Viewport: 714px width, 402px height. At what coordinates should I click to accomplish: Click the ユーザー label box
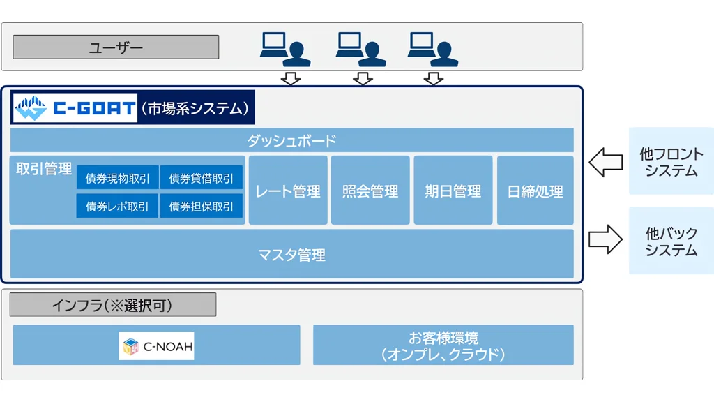(116, 47)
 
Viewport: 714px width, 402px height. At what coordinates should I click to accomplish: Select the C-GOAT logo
(75, 108)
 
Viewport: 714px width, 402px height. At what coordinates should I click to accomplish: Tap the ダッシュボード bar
(291, 140)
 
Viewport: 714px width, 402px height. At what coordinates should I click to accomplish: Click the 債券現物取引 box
(117, 178)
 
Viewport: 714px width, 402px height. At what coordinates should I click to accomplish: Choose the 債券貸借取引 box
(202, 178)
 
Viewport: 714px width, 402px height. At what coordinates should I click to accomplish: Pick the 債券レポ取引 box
(117, 206)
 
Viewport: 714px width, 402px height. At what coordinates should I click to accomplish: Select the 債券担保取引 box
(202, 206)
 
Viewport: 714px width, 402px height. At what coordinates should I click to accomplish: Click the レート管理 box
(288, 191)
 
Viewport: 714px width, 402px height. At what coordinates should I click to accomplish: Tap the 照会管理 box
(370, 191)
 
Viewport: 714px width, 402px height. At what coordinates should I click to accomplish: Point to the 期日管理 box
(453, 191)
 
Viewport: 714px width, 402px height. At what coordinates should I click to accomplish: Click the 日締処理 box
(535, 191)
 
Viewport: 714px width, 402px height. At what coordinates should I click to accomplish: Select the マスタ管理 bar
(291, 255)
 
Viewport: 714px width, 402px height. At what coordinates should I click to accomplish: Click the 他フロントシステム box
(671, 161)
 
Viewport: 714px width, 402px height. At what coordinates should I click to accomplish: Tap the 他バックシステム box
(671, 241)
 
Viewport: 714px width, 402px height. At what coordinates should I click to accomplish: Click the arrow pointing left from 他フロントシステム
(605, 163)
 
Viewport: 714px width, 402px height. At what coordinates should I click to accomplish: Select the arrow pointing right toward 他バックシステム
(605, 239)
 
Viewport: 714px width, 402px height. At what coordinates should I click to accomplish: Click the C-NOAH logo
(156, 345)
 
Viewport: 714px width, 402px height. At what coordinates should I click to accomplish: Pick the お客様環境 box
(443, 345)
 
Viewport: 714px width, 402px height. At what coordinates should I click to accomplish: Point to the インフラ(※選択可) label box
(112, 305)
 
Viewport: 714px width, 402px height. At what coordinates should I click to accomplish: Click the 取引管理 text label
(44, 169)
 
